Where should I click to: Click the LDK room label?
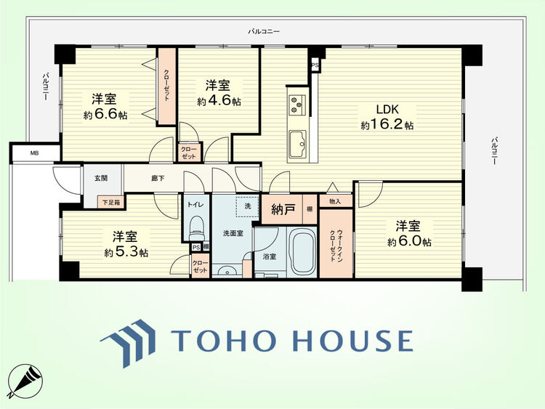coord(387,109)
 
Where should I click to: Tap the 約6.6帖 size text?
coord(105,115)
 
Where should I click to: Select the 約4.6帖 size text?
coord(219,101)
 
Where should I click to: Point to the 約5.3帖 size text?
coord(126,252)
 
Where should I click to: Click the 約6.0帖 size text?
coord(409,241)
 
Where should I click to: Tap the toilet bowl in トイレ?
coord(197,228)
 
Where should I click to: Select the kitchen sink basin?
coord(297,144)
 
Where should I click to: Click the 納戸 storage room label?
coord(283,210)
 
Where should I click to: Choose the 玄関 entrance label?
coord(101,178)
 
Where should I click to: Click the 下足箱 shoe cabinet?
coord(111,202)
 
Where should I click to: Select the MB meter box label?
coord(34,153)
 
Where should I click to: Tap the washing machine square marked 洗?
coord(248,206)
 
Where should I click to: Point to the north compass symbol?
coord(25,381)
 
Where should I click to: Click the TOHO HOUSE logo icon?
coord(128,343)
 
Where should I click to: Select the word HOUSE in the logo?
coord(353,341)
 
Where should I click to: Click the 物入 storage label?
coord(335,201)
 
